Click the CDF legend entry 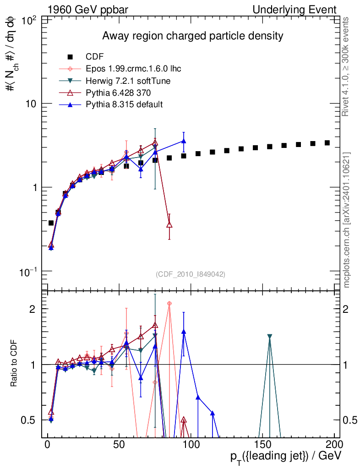tap(95, 57)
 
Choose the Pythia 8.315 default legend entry tap(124, 104)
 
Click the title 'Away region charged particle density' tap(193, 36)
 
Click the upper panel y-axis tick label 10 tap(33, 104)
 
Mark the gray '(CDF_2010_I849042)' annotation tap(190, 274)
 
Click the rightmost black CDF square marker tap(327, 143)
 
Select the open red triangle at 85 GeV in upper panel tap(169, 224)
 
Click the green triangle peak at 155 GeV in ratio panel tap(270, 336)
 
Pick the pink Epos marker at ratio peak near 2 tap(169, 303)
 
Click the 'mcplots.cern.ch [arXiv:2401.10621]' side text tap(347, 220)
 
